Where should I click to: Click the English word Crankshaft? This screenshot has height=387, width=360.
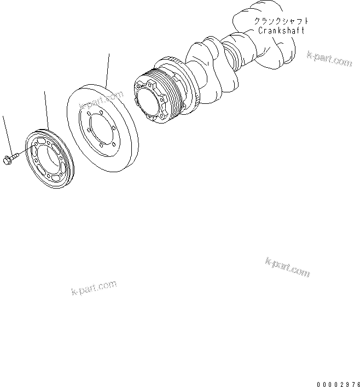point(281,31)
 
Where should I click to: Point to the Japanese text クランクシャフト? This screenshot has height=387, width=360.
point(281,21)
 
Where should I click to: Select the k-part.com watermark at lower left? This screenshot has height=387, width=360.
point(94,288)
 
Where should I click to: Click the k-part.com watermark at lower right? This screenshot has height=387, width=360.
point(288,267)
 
